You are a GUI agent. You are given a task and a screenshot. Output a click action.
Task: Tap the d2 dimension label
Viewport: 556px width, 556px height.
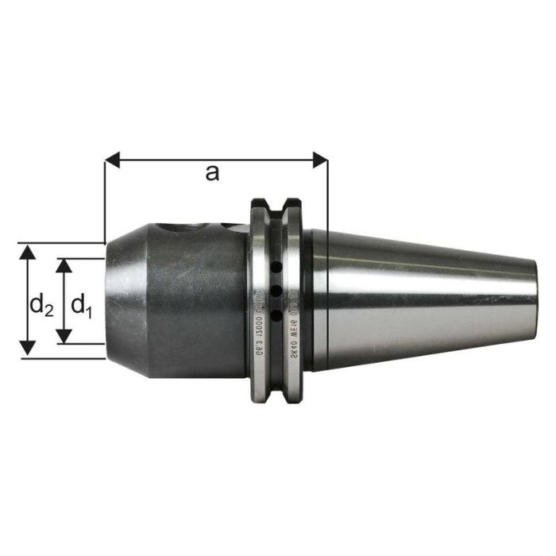41,305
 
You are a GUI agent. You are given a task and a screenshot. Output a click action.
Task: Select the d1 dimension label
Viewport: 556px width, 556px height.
82,305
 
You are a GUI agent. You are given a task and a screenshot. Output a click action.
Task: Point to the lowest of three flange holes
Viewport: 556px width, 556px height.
275,316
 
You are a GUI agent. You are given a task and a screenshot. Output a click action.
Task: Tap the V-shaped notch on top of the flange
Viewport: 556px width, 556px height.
275,208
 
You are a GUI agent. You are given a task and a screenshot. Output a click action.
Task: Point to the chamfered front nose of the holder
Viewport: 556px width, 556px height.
116,299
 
